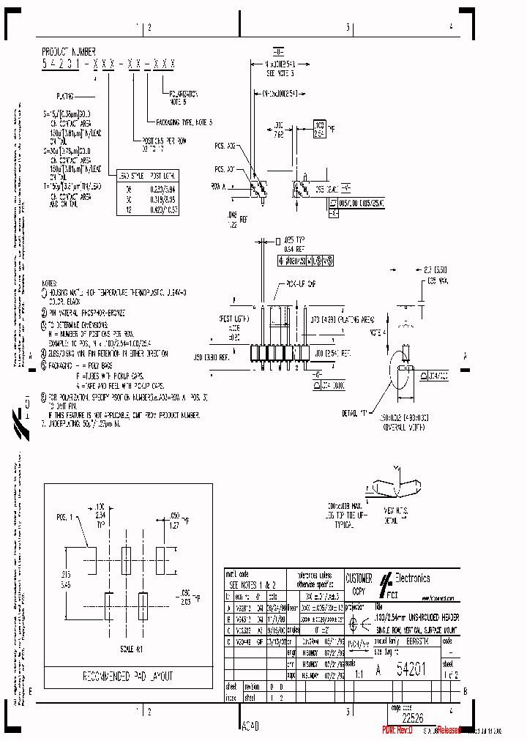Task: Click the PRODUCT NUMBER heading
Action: pyautogui.click(x=70, y=53)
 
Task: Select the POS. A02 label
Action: pyautogui.click(x=225, y=146)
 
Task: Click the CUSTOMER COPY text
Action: pyautogui.click(x=359, y=583)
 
